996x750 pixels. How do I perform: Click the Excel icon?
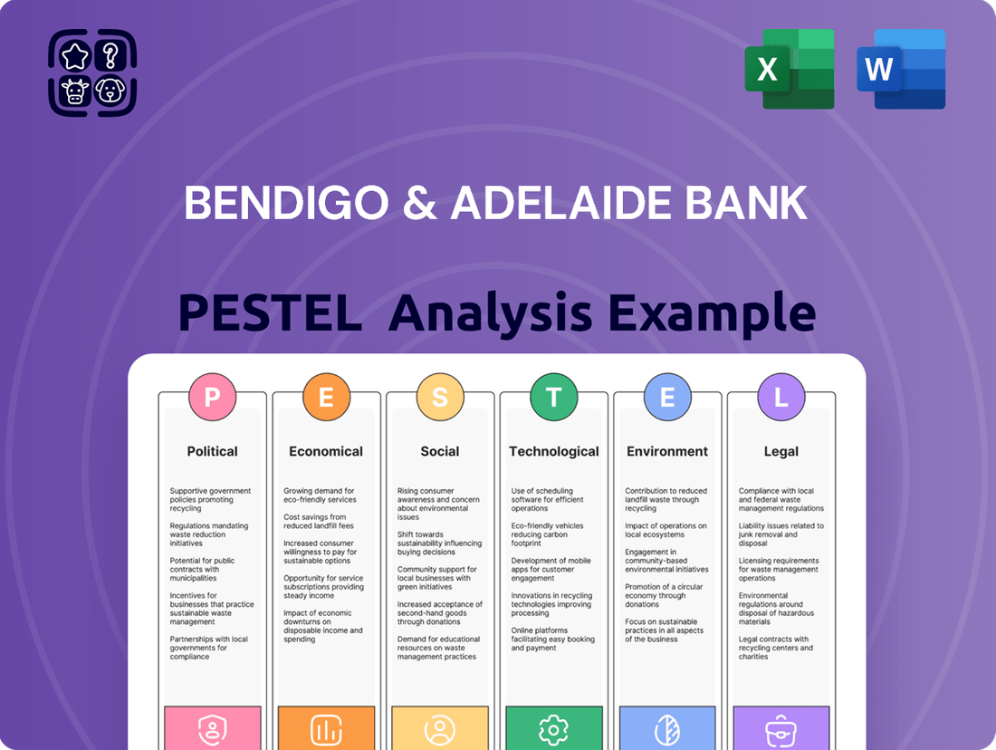(790, 69)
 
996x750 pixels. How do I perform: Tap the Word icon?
(901, 69)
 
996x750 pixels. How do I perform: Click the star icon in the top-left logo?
(74, 56)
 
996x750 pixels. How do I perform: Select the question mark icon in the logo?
(110, 56)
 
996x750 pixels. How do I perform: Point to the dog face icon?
(110, 91)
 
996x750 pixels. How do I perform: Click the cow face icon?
(74, 91)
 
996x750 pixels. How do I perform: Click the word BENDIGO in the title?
(286, 203)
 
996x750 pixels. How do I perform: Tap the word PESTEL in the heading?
(270, 312)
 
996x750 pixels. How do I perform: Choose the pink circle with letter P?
(212, 397)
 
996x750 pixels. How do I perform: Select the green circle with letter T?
(554, 397)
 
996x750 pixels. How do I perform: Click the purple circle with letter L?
(781, 397)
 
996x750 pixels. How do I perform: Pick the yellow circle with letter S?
(439, 397)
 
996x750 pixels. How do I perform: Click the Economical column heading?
(326, 451)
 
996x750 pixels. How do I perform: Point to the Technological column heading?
(554, 451)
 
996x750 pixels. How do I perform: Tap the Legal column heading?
(781, 451)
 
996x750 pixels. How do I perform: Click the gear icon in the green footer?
(553, 730)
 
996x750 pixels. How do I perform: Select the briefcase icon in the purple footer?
(781, 730)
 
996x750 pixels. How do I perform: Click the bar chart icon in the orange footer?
(326, 730)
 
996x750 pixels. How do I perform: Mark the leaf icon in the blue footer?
(667, 730)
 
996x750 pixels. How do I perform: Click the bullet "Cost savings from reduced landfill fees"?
(318, 521)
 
